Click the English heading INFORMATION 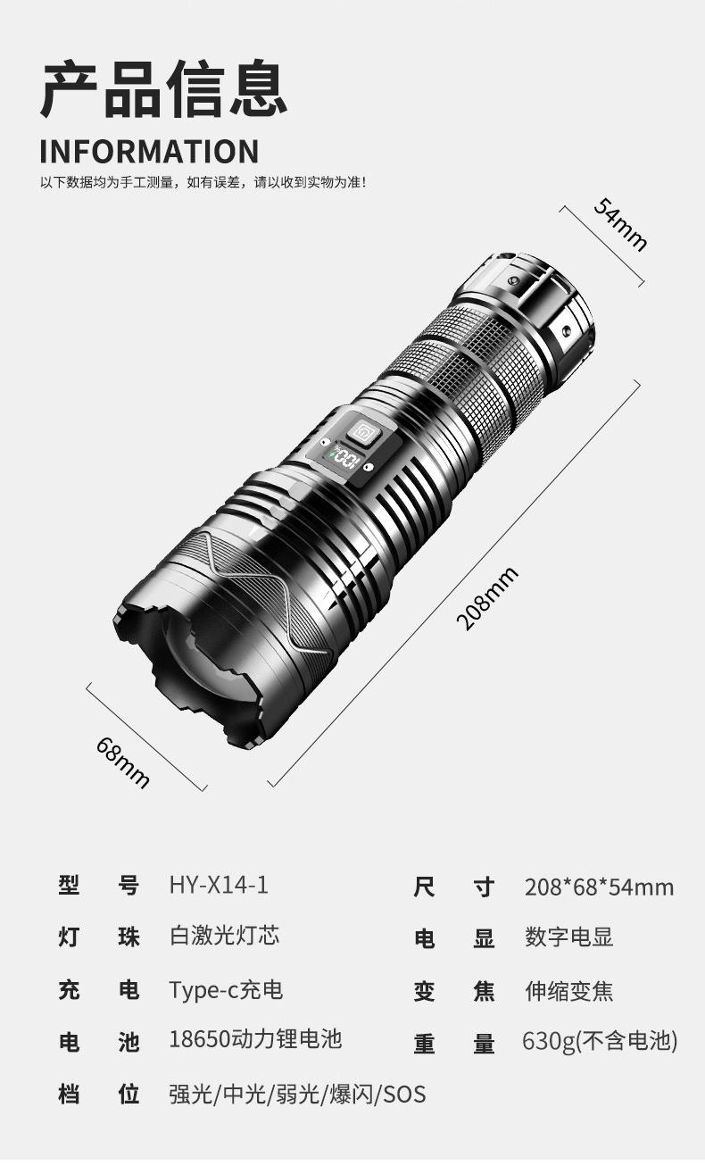[x=149, y=151]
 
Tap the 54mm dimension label [x=621, y=224]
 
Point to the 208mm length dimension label [x=487, y=598]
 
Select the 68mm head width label [x=123, y=762]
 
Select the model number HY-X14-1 [x=219, y=885]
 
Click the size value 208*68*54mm [x=599, y=887]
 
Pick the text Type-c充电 [x=226, y=989]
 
